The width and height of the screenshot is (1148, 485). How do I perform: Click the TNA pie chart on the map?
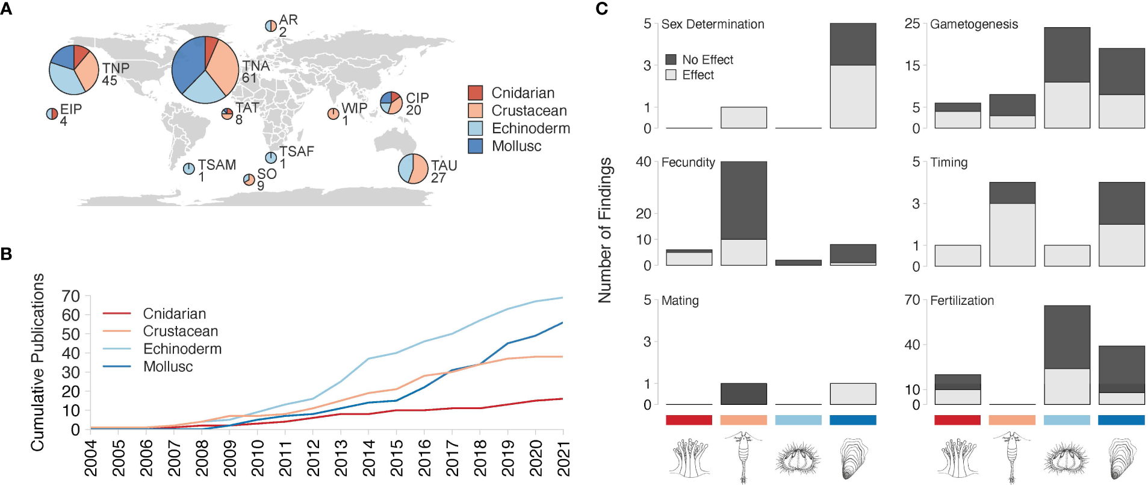click(205, 70)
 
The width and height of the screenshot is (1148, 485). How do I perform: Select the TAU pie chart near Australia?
click(414, 169)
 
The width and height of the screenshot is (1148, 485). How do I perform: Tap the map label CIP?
click(417, 98)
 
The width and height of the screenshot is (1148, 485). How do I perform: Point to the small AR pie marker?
click(271, 26)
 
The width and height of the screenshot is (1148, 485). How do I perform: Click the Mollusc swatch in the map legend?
click(476, 146)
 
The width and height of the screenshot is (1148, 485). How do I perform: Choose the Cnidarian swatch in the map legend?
click(476, 93)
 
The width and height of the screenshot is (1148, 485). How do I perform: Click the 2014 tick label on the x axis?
click(369, 458)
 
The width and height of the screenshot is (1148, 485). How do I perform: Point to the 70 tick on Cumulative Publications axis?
click(71, 296)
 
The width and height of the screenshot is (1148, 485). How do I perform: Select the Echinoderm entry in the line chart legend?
click(182, 349)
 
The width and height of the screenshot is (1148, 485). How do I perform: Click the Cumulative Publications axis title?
click(37, 362)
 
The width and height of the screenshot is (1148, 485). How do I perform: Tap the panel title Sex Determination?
click(713, 24)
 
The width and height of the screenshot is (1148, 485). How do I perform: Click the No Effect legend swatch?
click(671, 60)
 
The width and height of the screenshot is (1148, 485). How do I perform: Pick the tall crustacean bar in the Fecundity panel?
click(743, 213)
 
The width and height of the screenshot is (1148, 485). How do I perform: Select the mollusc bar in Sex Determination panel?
click(853, 76)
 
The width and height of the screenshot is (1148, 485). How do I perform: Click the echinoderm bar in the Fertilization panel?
click(1067, 355)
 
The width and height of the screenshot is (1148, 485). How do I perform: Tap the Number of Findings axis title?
click(605, 230)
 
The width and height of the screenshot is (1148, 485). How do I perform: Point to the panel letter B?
click(7, 254)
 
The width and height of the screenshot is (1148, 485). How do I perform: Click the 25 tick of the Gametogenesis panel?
click(912, 23)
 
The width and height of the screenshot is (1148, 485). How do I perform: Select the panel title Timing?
click(949, 162)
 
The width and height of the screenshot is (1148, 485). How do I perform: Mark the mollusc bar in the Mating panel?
click(853, 394)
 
